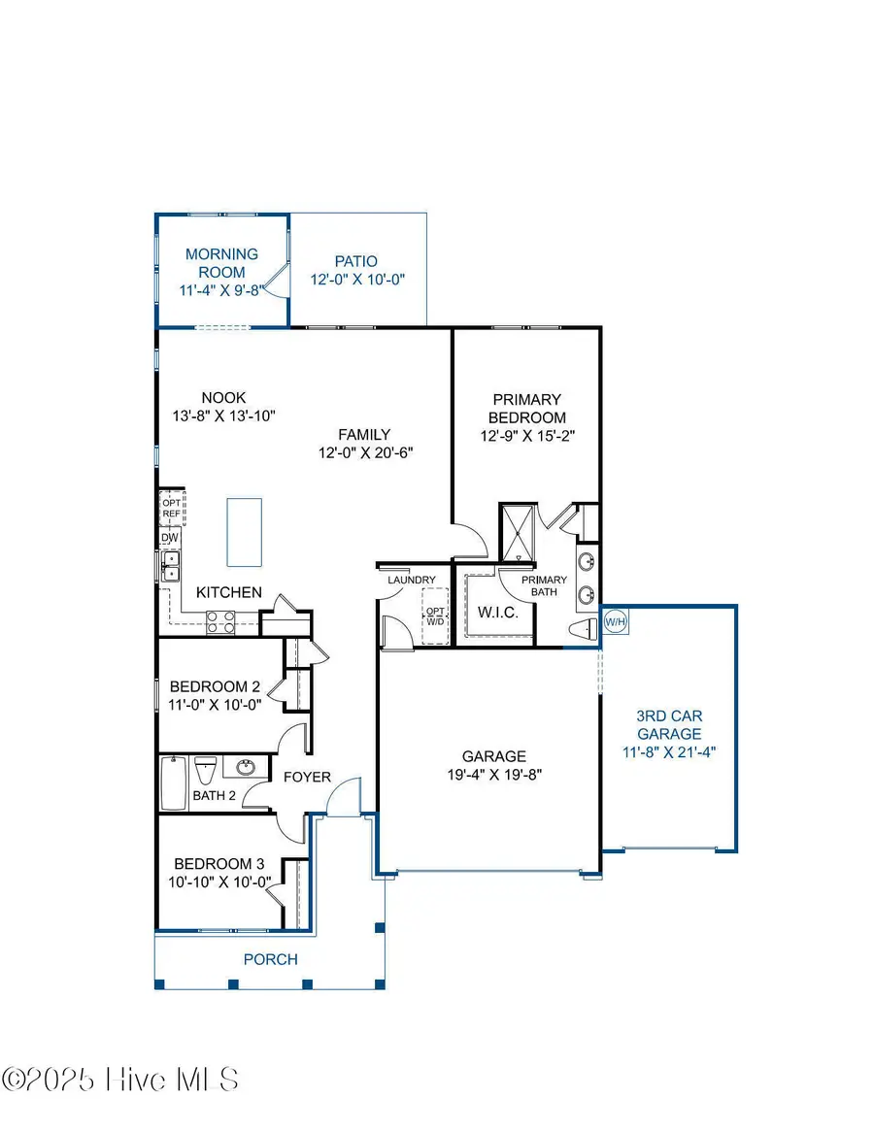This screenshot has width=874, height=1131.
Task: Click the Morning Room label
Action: coord(221,263)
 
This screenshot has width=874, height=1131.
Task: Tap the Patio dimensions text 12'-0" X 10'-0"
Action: coord(355,279)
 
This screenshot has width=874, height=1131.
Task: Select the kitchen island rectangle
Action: coord(245,531)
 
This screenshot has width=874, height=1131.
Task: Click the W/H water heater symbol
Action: coord(616,620)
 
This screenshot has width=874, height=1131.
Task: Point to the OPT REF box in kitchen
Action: coord(172,508)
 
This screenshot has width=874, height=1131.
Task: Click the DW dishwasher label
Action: coord(169,537)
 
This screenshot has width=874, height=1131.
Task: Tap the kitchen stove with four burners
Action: coord(220,621)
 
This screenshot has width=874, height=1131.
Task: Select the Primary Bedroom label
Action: coord(527,408)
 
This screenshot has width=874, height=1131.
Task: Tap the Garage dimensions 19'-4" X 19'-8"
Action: coord(493,775)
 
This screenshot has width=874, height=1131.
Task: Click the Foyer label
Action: coord(307,777)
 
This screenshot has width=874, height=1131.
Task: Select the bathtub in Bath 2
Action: coord(173,783)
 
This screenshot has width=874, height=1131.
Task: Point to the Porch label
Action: coord(270,959)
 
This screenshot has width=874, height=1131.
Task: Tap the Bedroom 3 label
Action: coord(219,864)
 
